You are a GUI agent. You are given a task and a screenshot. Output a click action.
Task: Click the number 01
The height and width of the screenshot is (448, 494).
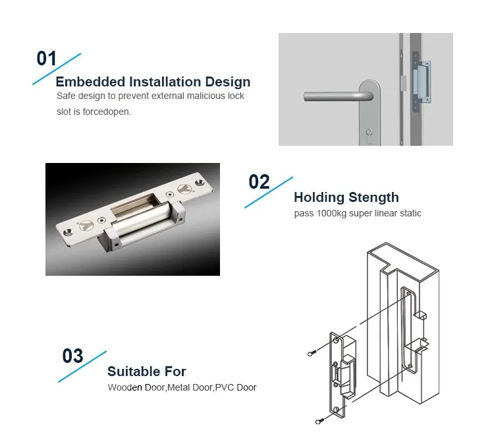tap(47, 58)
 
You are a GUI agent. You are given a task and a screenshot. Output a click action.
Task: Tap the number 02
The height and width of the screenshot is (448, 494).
tap(259, 181)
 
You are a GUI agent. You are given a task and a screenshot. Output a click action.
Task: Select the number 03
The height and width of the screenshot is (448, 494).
tap(72, 356)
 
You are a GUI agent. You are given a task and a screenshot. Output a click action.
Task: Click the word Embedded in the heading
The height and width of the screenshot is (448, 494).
tap(90, 82)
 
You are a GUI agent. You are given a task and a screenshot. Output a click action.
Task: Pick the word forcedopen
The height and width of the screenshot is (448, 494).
tap(107, 112)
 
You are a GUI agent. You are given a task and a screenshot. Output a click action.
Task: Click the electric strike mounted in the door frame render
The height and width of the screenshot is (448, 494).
tap(422, 82)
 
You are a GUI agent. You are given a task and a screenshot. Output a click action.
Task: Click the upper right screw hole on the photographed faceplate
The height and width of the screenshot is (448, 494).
tap(200, 182)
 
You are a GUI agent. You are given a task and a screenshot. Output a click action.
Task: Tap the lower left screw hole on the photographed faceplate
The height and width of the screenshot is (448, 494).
tap(68, 233)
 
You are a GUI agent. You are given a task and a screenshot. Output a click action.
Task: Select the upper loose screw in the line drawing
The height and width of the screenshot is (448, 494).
tap(312, 354)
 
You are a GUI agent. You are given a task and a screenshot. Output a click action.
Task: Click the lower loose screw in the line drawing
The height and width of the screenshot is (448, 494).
tap(319, 421)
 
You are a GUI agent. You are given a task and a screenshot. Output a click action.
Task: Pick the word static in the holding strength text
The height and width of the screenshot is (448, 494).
tap(410, 214)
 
